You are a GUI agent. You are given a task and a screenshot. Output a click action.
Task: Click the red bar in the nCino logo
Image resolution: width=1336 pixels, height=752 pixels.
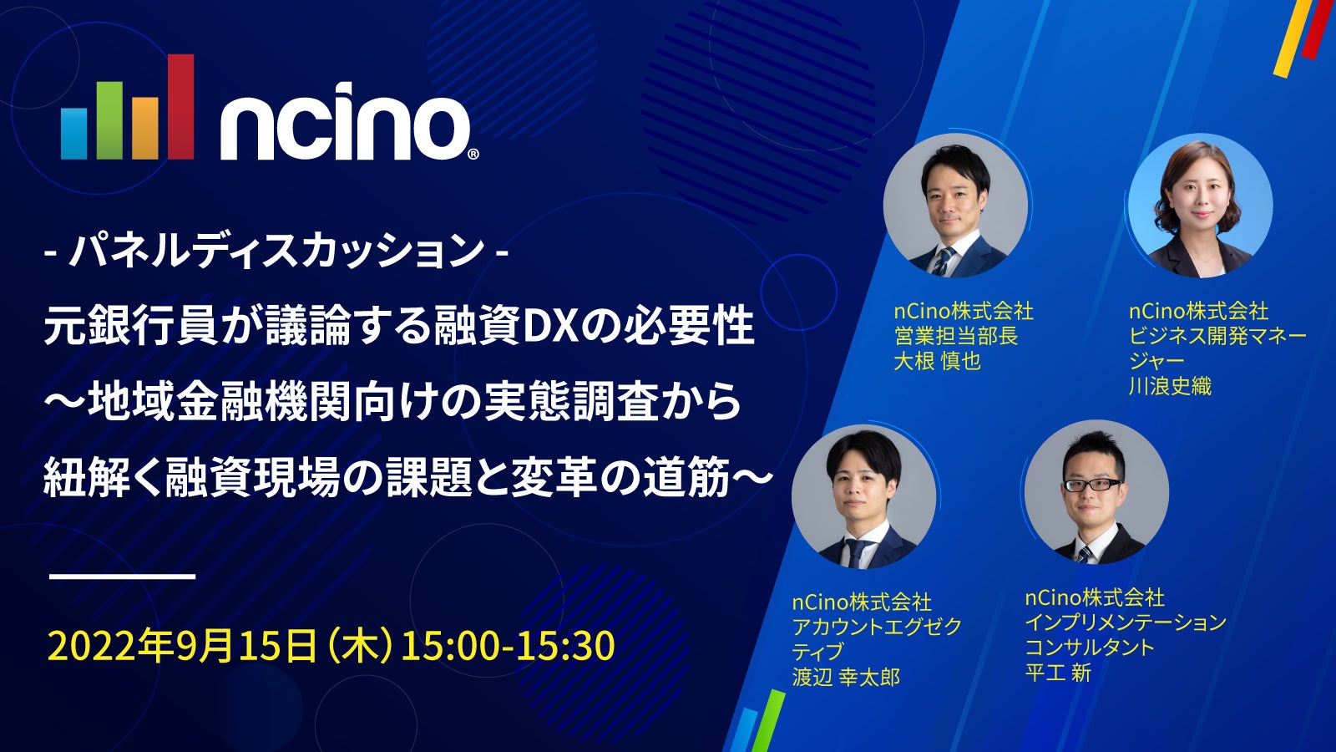click(180, 107)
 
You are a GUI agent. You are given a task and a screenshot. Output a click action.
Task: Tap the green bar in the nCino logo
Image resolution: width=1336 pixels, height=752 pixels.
click(109, 120)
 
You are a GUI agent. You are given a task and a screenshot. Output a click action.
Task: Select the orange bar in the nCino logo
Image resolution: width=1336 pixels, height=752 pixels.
click(145, 129)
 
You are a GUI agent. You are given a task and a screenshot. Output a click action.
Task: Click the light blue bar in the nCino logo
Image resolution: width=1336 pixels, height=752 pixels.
click(74, 134)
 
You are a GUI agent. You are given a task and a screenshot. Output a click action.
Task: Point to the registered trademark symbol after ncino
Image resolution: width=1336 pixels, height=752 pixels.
click(473, 154)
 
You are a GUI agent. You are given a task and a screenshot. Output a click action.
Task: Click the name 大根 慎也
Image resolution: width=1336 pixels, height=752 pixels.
click(937, 362)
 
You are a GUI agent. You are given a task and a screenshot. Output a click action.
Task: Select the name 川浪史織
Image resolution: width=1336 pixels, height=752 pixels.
click(1170, 387)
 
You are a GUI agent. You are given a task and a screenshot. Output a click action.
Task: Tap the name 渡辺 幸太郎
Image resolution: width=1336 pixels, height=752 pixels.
click(846, 677)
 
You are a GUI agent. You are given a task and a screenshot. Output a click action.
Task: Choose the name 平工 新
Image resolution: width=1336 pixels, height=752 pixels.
click(1058, 673)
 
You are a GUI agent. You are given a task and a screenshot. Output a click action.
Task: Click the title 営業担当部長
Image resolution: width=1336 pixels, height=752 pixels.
click(955, 337)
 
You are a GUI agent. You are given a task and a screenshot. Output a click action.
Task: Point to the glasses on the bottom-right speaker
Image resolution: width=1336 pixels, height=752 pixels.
click(1092, 485)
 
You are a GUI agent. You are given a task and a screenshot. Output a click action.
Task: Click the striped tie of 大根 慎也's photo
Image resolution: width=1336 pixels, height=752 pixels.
click(944, 262)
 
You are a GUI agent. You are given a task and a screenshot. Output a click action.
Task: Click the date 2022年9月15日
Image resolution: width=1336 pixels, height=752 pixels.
click(182, 646)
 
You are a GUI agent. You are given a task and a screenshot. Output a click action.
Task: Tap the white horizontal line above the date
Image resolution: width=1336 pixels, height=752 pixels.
click(123, 577)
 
